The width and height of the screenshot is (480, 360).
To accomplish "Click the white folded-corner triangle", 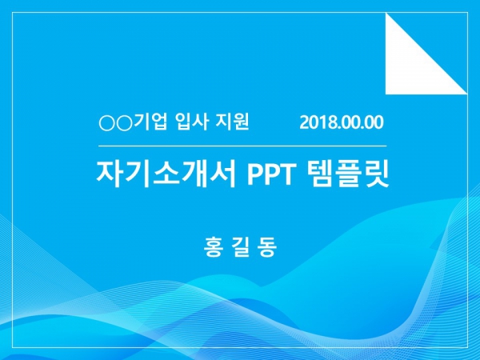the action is tap(412, 67).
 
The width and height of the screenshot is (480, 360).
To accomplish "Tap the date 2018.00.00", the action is tap(342, 122).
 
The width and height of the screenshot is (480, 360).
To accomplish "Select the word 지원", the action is tap(232, 122).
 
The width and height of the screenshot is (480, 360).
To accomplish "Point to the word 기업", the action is tap(150, 122).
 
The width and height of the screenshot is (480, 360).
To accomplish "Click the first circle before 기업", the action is tap(107, 123).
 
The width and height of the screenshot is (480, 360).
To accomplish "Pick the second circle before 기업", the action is tap(124, 123).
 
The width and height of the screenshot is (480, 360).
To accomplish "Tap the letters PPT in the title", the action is tap(270, 174).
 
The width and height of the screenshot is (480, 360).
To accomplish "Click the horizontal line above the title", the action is tap(242, 146).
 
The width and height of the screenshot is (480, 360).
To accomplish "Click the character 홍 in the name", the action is tap(213, 246).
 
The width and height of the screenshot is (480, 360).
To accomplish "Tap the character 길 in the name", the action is tap(240, 246).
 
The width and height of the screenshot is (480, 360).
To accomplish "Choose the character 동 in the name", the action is tap(268, 246).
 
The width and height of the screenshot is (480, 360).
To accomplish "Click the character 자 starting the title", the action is tap(110, 174).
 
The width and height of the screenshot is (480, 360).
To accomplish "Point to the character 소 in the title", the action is tap(166, 174).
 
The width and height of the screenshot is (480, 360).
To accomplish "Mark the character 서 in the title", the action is tap(222, 174).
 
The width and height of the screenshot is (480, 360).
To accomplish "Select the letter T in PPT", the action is tap(286, 174).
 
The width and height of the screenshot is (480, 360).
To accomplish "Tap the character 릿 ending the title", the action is tap(376, 174).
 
